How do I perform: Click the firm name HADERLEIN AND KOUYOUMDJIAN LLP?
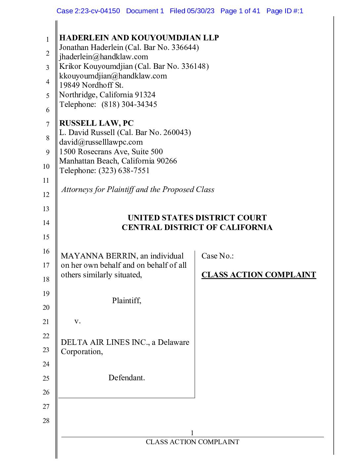(139, 38)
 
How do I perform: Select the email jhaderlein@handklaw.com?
(104, 57)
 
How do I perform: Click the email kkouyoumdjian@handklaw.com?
(113, 76)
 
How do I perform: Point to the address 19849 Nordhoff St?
(91, 85)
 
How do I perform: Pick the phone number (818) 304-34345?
(129, 104)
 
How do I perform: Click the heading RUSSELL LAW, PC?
(96, 123)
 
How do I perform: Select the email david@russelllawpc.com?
(101, 142)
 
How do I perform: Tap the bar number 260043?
(176, 133)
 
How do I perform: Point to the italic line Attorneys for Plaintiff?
(138, 189)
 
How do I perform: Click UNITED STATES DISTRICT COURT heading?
(197, 218)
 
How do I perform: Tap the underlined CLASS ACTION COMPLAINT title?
(258, 275)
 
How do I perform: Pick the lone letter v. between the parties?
(77, 321)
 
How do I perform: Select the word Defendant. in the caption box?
(126, 378)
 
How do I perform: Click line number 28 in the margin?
(46, 421)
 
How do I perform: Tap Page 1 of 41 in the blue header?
(240, 11)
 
